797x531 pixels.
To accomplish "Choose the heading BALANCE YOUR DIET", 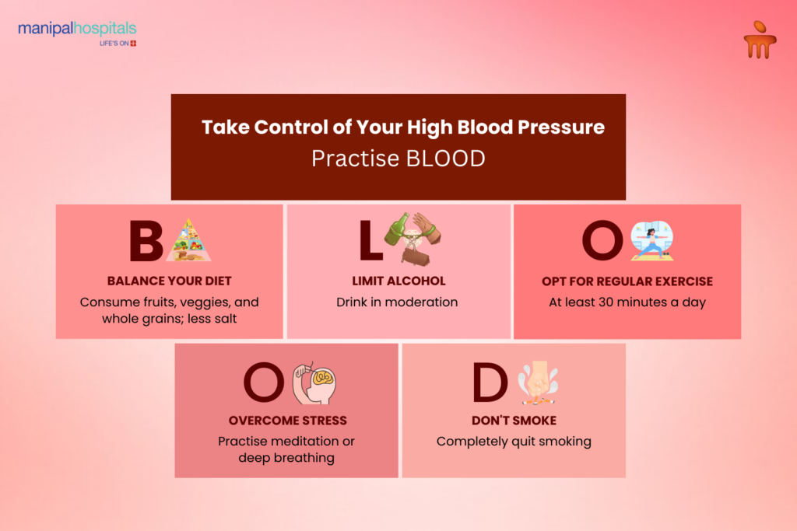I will [x=170, y=281].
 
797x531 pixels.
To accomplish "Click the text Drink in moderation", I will [x=397, y=302].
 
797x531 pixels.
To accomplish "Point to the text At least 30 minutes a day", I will [x=627, y=302].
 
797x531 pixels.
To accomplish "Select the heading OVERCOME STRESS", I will [x=287, y=421].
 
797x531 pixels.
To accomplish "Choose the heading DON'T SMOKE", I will [x=514, y=421].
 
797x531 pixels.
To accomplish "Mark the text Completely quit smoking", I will [x=514, y=442].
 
